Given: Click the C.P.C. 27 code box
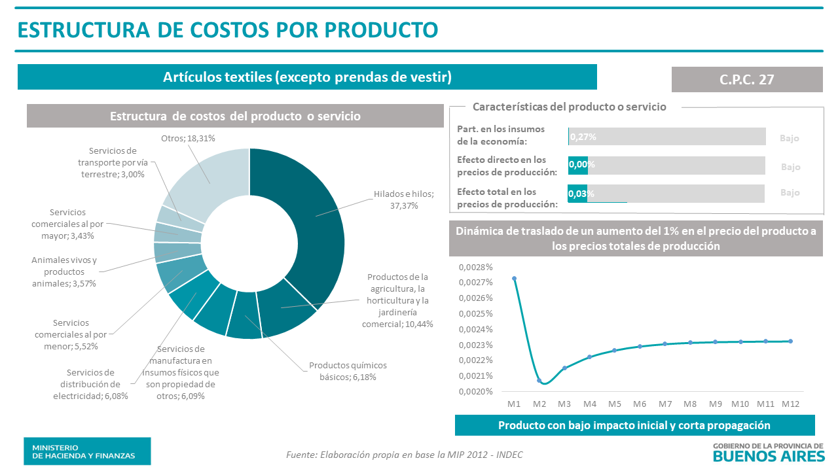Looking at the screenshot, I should click(x=747, y=79).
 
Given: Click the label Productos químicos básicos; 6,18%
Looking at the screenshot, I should click(x=348, y=371).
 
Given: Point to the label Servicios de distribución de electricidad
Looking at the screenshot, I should click(x=91, y=384).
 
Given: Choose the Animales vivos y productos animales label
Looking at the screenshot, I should click(x=64, y=271).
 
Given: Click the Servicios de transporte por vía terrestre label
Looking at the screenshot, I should click(x=117, y=162).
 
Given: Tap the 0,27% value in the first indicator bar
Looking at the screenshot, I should click(x=583, y=137).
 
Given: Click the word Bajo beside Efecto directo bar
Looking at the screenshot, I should click(x=790, y=167).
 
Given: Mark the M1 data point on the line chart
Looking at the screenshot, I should click(x=514, y=279).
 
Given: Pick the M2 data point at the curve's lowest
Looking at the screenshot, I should click(x=539, y=381).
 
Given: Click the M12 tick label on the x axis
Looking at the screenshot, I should click(x=790, y=404).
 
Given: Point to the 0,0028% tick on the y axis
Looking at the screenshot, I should click(x=475, y=267).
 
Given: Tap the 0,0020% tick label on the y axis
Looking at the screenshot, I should click(x=475, y=391).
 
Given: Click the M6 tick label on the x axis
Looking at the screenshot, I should click(x=640, y=404).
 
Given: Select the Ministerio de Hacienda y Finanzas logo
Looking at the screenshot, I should click(x=87, y=451).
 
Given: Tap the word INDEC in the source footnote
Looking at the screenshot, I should click(x=509, y=455).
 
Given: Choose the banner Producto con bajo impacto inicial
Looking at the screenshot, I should click(x=634, y=425).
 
